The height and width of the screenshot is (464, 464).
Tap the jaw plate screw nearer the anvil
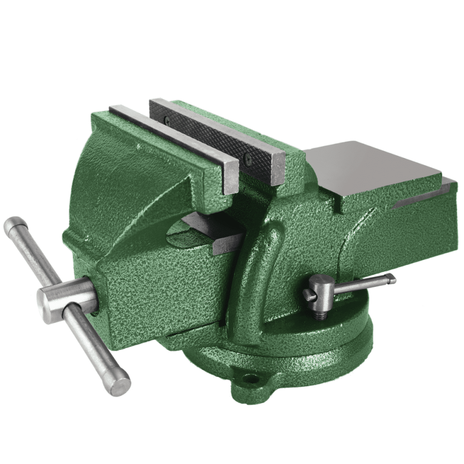tap(247, 159)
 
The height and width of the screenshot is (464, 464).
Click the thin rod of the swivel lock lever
tap(362, 285)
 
